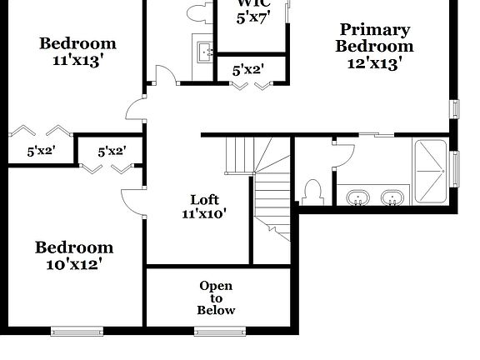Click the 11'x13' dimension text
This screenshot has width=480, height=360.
pyautogui.click(x=78, y=61)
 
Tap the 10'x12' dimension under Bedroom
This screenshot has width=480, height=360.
pyautogui.click(x=73, y=265)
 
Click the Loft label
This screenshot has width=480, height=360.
pyautogui.click(x=204, y=199)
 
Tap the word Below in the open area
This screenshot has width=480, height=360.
pyautogui.click(x=216, y=310)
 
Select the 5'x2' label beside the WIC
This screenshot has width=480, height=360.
pyautogui.click(x=247, y=71)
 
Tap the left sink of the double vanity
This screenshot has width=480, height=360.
pyautogui.click(x=358, y=198)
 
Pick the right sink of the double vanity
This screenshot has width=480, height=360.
pyautogui.click(x=391, y=198)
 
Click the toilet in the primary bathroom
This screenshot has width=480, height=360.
pyautogui.click(x=314, y=192)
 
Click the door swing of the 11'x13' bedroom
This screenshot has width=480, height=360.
pyautogui.click(x=134, y=108)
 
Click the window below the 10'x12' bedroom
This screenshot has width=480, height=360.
pyautogui.click(x=77, y=332)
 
